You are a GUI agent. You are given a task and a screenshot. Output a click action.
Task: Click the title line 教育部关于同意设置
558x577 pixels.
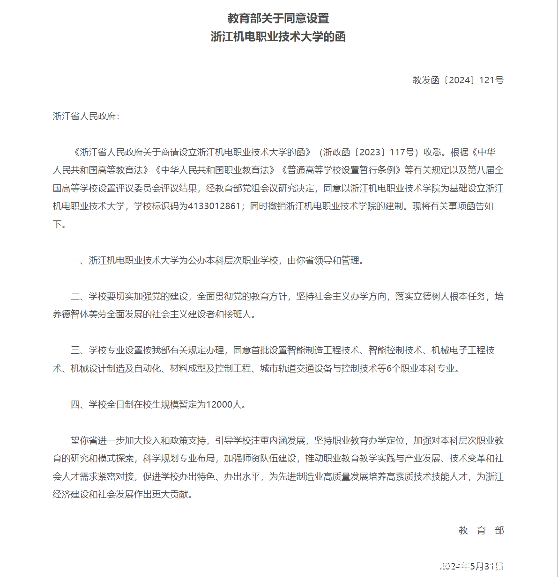click(x=278, y=18)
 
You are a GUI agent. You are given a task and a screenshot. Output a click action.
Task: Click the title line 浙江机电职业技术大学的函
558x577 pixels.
click(x=278, y=37)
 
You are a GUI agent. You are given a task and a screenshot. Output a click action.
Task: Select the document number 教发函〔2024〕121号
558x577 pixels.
click(x=458, y=80)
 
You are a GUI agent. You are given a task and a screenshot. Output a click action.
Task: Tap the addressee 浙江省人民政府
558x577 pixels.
click(x=84, y=116)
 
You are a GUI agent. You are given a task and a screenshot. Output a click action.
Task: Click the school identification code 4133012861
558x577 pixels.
click(x=214, y=206)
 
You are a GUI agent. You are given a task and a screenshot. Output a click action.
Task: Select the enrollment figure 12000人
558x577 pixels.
click(x=224, y=404)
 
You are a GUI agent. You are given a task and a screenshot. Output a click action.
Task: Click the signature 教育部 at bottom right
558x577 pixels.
click(x=481, y=530)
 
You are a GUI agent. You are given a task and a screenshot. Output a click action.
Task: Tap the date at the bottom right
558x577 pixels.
click(x=472, y=566)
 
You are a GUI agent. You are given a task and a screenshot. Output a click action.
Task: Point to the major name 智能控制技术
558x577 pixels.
click(x=395, y=350)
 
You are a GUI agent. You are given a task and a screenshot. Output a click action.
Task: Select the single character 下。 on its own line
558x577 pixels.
click(x=59, y=224)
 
